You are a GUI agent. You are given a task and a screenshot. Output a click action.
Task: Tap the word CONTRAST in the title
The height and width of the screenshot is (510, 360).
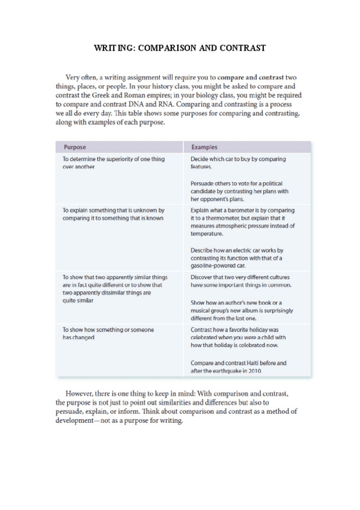tap(241, 47)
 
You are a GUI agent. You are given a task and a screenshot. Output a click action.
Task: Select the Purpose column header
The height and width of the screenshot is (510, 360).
tap(75, 147)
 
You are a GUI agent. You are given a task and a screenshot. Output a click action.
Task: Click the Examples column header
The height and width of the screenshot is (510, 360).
tap(204, 147)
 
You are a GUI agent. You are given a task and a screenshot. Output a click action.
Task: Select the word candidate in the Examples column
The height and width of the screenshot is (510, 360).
tap(204, 191)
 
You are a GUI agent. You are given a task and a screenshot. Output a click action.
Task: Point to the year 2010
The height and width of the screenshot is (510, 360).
tap(254, 371)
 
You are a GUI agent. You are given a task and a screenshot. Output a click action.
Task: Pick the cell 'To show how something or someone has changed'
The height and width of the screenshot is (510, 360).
tap(108, 334)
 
